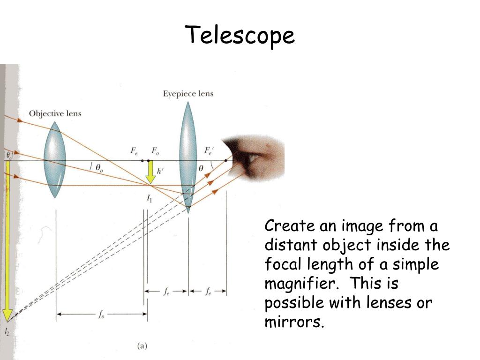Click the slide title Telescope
point(240,36)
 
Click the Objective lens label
point(55,113)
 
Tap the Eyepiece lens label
point(188,94)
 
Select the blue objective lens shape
point(55,159)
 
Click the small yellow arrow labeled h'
point(150,172)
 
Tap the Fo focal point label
point(155,151)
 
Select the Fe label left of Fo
point(134,151)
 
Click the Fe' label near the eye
point(208,151)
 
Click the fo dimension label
point(101,315)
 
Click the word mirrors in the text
point(293,322)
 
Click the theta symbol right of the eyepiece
point(202,168)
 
